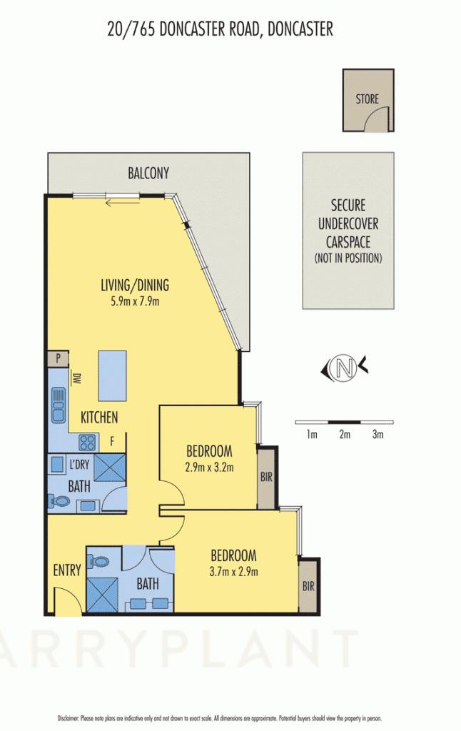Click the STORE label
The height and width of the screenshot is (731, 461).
point(368,99)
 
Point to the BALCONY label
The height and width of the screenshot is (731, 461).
point(148,173)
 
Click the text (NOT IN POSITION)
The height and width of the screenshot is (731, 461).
point(348,258)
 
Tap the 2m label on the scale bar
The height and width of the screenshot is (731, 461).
point(345,434)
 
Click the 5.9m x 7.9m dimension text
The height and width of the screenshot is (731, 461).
point(134,301)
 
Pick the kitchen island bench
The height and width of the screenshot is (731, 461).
point(113,376)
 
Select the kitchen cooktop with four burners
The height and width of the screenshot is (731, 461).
point(88,442)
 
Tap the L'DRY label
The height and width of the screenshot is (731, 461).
point(79,465)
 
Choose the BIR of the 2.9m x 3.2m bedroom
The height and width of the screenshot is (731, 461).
point(266,477)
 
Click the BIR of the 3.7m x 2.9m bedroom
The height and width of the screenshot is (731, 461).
point(308,586)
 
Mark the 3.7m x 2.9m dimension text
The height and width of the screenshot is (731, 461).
point(233,571)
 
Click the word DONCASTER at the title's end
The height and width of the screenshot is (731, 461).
point(294,29)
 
